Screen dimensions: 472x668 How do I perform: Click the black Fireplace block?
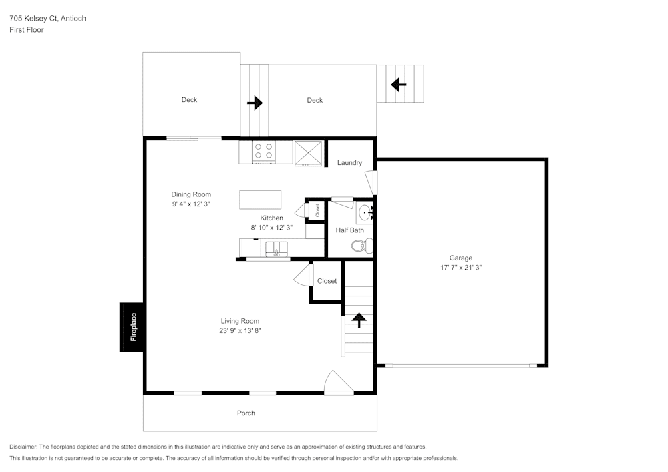132,327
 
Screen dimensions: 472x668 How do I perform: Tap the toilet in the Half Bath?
361,246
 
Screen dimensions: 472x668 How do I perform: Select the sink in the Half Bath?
365,214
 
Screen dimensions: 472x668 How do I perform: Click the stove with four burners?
263,152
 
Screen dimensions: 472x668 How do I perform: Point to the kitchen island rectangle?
261,200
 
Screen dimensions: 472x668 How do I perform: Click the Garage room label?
460,258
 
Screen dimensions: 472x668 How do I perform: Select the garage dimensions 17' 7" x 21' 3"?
460,267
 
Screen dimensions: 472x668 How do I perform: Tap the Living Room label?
240,321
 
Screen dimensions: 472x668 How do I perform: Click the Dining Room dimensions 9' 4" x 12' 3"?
191,204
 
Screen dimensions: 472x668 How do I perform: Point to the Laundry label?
349,163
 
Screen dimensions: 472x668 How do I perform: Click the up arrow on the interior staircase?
359,320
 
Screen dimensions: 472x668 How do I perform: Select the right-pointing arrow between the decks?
255,103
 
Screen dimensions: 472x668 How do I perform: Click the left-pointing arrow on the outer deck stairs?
399,85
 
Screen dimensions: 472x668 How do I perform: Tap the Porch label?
246,413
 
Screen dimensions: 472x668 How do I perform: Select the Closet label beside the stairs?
327,281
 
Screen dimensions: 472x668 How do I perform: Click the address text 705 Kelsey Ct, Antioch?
47,19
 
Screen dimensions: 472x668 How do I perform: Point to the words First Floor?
27,30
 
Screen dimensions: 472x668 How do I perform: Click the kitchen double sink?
277,248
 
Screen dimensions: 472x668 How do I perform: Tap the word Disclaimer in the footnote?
23,447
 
